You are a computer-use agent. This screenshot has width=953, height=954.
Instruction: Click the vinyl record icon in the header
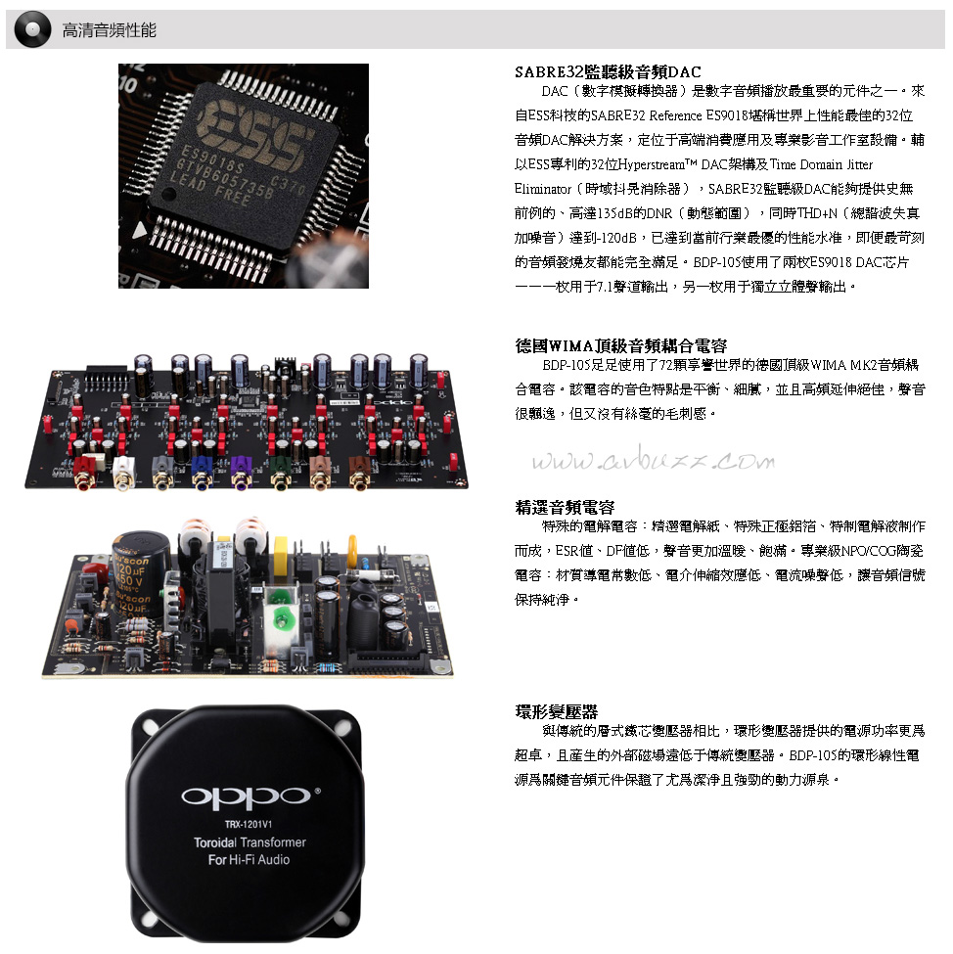pyautogui.click(x=33, y=29)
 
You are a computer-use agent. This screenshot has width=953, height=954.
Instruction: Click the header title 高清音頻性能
pyautogui.click(x=110, y=29)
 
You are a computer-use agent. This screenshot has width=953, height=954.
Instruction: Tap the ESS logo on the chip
pyautogui.click(x=255, y=134)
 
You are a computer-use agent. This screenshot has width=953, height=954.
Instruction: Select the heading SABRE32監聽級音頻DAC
pyautogui.click(x=608, y=71)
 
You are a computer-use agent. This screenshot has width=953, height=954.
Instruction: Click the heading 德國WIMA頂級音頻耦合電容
pyautogui.click(x=620, y=345)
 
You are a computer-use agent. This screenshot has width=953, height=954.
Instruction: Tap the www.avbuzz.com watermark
pyautogui.click(x=653, y=461)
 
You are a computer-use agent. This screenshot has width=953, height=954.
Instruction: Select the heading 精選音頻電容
pyautogui.click(x=565, y=507)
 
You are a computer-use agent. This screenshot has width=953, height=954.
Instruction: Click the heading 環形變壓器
pyautogui.click(x=556, y=711)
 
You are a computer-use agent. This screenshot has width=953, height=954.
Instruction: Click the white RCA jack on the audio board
pyautogui.click(x=123, y=474)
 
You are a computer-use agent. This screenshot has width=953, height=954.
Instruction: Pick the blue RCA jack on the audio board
pyautogui.click(x=202, y=474)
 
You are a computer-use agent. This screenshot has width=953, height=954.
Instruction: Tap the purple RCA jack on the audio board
pyautogui.click(x=241, y=474)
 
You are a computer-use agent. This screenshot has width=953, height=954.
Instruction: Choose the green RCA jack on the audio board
pyautogui.click(x=280, y=474)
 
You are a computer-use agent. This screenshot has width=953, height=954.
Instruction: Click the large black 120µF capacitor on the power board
pyautogui.click(x=139, y=575)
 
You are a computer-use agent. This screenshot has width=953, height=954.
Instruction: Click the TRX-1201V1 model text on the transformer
pyautogui.click(x=249, y=825)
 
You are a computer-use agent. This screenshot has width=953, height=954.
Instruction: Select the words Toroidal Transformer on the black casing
pyautogui.click(x=250, y=842)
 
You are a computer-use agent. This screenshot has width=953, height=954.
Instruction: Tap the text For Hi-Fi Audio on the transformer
pyautogui.click(x=249, y=860)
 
